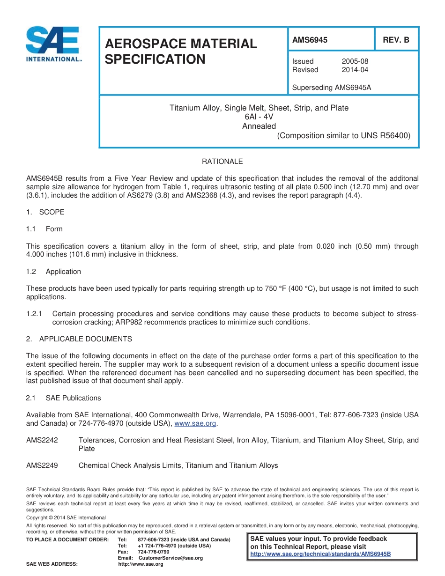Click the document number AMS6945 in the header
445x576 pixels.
click(x=310, y=40)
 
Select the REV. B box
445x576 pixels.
click(x=396, y=40)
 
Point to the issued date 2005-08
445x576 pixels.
click(x=355, y=61)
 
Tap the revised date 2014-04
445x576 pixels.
click(x=355, y=70)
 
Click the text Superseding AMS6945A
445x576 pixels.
click(x=331, y=88)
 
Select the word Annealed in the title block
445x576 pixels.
click(x=259, y=126)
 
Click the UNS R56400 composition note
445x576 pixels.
click(x=343, y=136)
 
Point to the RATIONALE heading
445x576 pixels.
click(x=222, y=162)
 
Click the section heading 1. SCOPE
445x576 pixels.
click(x=45, y=212)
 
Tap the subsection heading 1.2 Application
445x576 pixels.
click(x=54, y=272)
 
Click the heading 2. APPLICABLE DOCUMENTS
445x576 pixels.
click(x=79, y=339)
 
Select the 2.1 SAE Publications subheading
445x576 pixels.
click(x=64, y=398)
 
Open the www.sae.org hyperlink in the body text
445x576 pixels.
click(x=195, y=423)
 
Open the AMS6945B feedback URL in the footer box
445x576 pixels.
click(x=320, y=554)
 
